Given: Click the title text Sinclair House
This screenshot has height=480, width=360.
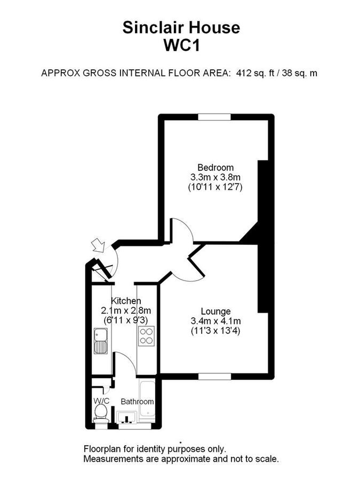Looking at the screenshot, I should click(x=181, y=27).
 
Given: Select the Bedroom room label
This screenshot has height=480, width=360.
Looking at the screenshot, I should click(x=215, y=167).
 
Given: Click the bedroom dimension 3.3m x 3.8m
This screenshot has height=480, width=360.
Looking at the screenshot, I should click(x=215, y=177).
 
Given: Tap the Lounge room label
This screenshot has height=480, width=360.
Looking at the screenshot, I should click(x=215, y=311).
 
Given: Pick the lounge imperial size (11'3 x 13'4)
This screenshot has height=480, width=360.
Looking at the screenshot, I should click(x=215, y=331).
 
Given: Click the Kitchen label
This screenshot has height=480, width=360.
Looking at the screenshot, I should click(x=126, y=301).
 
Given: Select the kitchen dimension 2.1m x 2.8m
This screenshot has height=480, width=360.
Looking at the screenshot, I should click(x=126, y=310).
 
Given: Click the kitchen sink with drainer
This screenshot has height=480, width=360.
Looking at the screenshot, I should click(x=100, y=341).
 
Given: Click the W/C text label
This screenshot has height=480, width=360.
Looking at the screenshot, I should click(x=101, y=401).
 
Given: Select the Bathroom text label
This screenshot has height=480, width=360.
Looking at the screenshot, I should click(x=137, y=402).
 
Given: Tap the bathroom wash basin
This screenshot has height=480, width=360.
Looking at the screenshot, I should click(x=127, y=418).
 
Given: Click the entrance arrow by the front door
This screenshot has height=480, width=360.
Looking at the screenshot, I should click(x=98, y=245).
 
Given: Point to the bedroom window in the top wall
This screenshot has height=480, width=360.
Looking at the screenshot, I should click(x=215, y=116).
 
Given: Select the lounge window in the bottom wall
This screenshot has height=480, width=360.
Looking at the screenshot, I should click(x=215, y=376).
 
